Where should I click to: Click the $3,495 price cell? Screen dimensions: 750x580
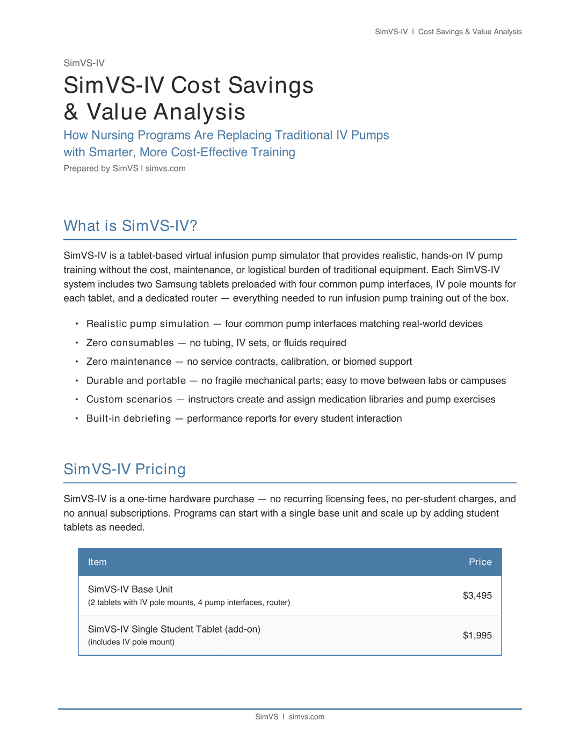click(x=477, y=595)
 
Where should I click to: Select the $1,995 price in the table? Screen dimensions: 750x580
click(x=477, y=635)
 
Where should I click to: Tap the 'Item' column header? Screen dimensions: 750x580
click(x=97, y=562)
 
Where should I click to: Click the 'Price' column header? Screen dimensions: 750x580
click(x=480, y=562)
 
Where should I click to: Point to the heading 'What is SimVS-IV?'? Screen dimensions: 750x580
click(x=130, y=226)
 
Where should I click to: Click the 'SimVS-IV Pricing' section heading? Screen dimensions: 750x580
click(x=125, y=469)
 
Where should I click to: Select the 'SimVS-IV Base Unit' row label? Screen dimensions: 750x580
click(x=130, y=589)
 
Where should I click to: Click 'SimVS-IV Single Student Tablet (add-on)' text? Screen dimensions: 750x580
click(x=174, y=629)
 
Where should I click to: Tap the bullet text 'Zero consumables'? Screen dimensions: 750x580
click(x=130, y=343)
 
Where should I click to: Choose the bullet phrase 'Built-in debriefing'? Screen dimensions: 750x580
click(x=128, y=418)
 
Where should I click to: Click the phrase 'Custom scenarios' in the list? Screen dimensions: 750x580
click(x=129, y=400)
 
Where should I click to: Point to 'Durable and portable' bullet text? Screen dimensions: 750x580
click(x=136, y=381)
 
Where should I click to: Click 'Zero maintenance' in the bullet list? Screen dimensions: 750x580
click(x=129, y=362)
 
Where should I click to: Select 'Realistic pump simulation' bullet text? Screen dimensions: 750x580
click(x=148, y=324)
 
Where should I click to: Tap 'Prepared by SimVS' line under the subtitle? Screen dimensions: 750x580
click(x=101, y=168)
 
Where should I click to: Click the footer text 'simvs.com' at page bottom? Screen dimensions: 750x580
click(x=306, y=717)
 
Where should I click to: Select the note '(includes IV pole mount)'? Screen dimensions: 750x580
click(x=131, y=642)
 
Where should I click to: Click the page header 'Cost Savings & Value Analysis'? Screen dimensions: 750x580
click(x=470, y=32)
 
